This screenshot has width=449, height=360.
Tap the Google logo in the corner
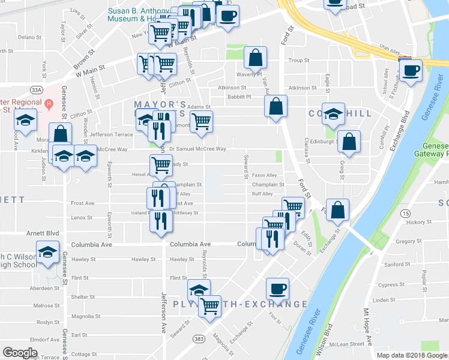[x=20, y=352]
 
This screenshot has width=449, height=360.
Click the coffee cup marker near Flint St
[x=277, y=289]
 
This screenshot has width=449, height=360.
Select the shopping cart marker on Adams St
[x=201, y=122]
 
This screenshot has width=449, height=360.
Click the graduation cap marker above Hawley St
[x=47, y=252]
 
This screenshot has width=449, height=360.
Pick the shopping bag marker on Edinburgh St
[x=349, y=142]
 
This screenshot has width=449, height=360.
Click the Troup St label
[x=298, y=61]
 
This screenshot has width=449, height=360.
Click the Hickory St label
[x=415, y=222]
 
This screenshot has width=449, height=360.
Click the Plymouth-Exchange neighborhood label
[x=240, y=304]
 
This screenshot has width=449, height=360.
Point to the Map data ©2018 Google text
[x=411, y=355]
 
